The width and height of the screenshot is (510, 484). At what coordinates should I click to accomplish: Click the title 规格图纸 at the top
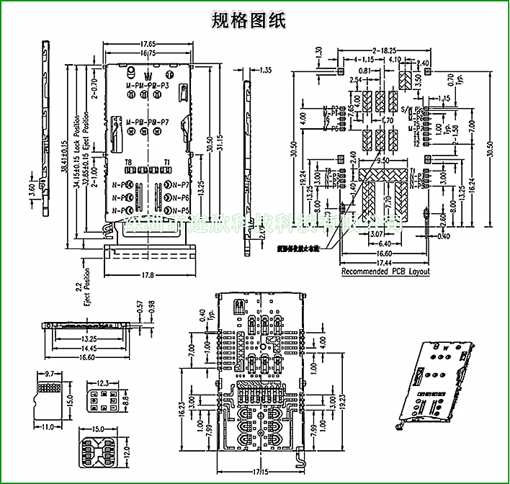tap(249, 20)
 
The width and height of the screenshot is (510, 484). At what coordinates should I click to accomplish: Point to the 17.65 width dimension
tap(148, 44)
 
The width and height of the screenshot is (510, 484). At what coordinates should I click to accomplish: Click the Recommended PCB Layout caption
tap(385, 272)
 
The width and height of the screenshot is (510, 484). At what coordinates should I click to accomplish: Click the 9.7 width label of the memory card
tap(50, 375)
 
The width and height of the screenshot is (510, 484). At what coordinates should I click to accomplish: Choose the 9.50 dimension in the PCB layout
tap(382, 161)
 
